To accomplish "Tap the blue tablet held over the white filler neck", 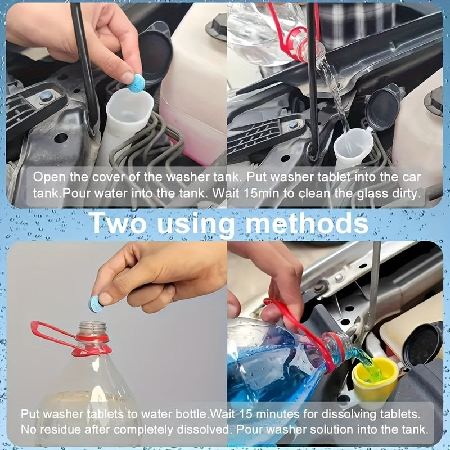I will click(x=136, y=83).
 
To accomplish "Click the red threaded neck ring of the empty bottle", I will click(x=92, y=337).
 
